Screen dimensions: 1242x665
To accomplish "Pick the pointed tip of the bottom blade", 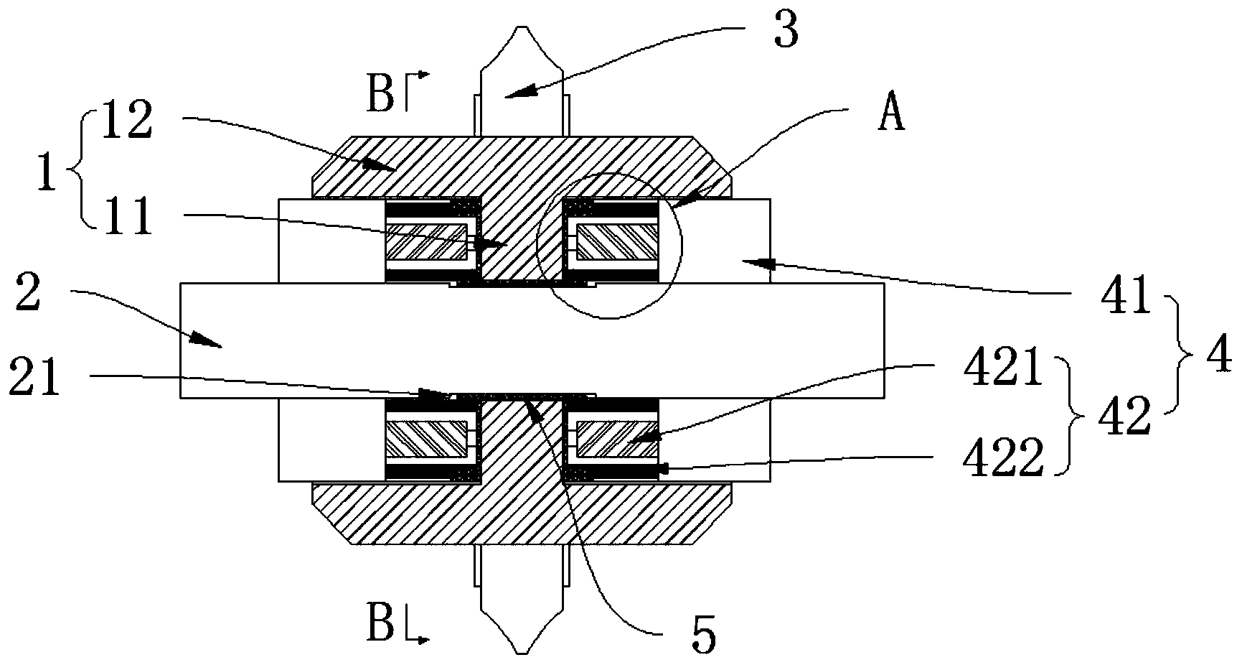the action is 521,652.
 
